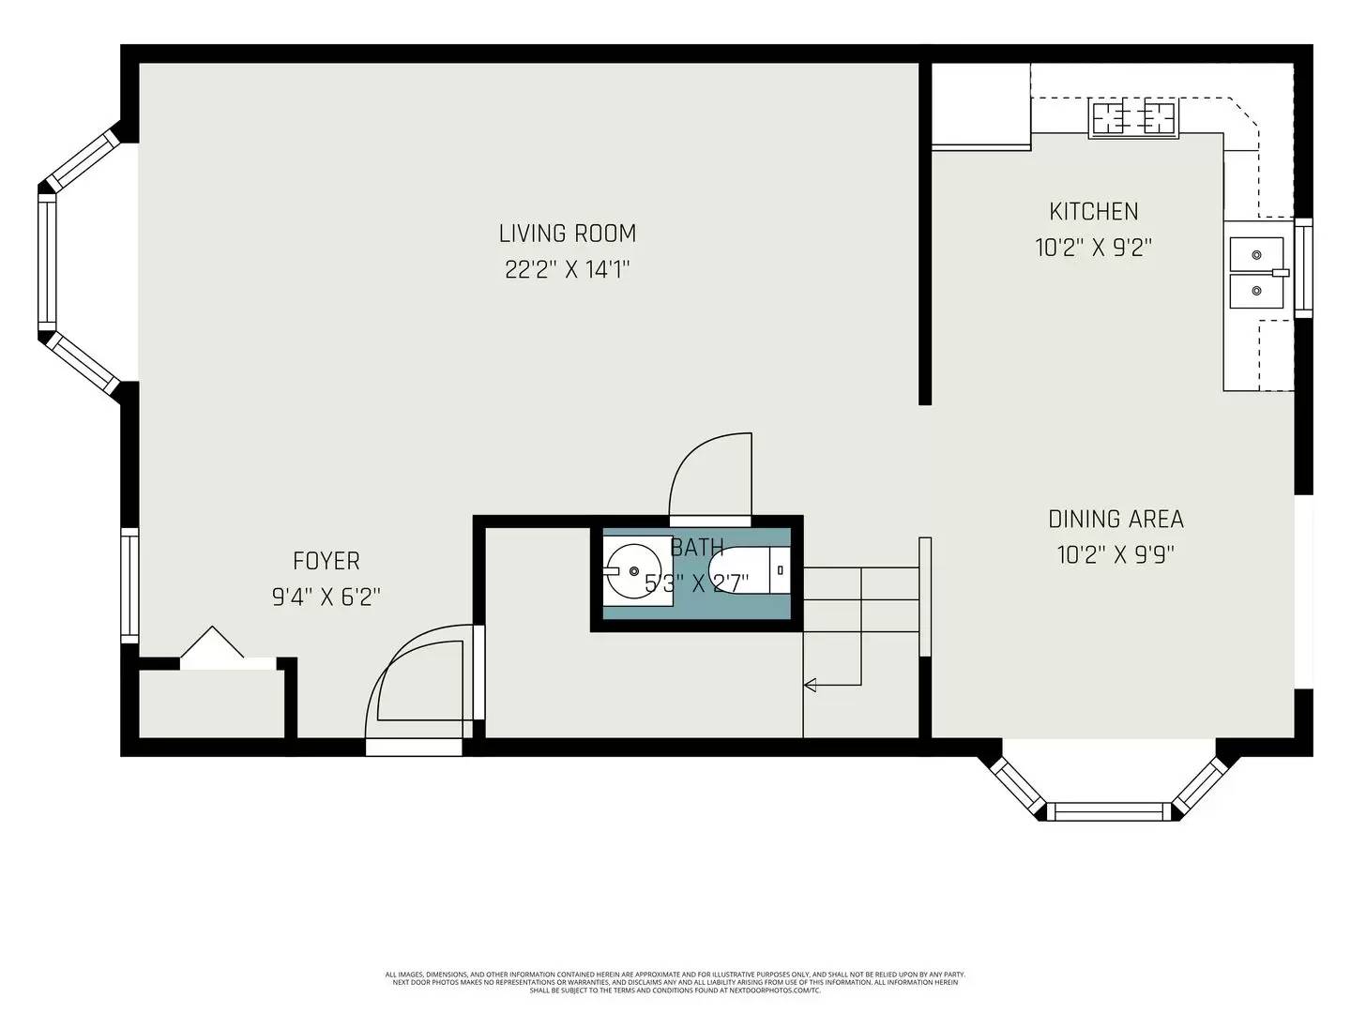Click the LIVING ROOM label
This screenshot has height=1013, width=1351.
[567, 233]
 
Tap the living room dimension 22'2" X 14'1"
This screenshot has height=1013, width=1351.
[567, 270]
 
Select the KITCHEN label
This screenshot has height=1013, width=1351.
[1093, 211]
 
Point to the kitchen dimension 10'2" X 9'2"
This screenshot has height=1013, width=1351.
[1093, 248]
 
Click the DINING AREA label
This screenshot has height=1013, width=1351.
[1116, 519]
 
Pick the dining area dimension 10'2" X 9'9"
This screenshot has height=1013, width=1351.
[1116, 555]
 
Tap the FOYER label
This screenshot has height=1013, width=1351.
[326, 561]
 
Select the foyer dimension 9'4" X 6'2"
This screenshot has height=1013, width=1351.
[326, 597]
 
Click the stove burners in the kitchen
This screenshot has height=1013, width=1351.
[1133, 118]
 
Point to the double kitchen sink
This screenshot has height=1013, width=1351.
[1257, 272]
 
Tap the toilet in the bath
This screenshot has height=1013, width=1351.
[746, 570]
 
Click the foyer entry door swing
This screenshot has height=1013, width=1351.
[417, 685]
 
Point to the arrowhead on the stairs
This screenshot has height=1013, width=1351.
[811, 685]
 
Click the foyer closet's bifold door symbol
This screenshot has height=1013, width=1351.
[212, 647]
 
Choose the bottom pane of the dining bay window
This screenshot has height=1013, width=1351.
[1109, 811]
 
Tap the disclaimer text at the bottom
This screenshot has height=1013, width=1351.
[675, 982]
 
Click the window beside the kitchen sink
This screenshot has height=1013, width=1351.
[1303, 267]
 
